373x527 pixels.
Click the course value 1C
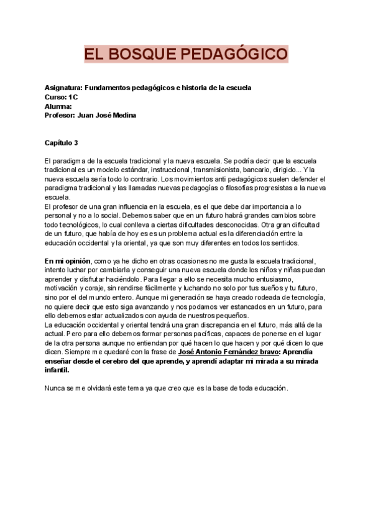click(73, 98)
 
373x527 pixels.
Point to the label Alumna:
click(58, 106)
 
